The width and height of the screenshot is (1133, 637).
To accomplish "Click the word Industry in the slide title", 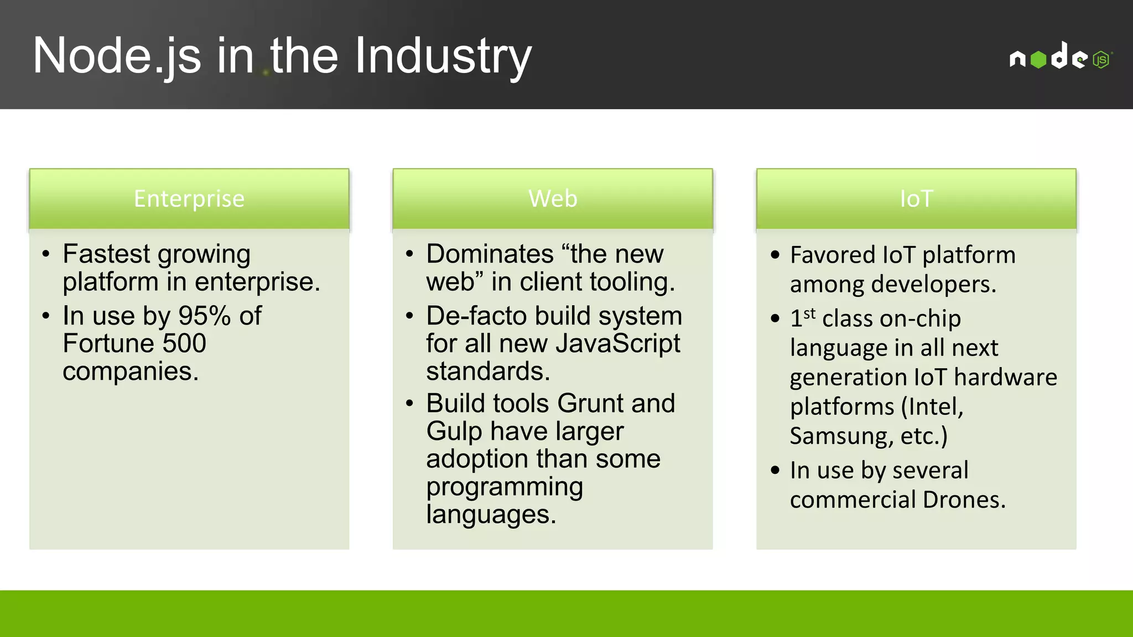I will [x=443, y=56].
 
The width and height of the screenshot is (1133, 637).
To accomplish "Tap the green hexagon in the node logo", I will [x=1038, y=59].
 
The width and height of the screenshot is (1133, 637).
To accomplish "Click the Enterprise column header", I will [x=189, y=199].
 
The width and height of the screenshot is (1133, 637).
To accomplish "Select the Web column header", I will [x=553, y=199].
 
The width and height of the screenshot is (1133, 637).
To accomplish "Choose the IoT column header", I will [x=916, y=199].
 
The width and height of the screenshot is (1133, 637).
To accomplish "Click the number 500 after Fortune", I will [x=184, y=343].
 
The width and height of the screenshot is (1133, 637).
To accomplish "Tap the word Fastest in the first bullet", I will [x=106, y=254].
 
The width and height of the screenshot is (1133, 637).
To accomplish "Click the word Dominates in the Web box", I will [x=490, y=254].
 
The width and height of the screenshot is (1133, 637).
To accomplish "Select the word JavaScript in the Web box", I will [x=618, y=343].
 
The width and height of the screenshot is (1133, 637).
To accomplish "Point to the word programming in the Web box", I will [x=504, y=487].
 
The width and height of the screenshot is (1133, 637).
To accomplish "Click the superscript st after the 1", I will [x=809, y=314].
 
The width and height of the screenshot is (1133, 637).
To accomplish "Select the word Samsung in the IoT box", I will [x=840, y=436].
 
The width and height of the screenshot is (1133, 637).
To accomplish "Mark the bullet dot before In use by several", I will [x=775, y=471].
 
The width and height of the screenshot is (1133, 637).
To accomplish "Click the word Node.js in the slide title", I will [x=117, y=56].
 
